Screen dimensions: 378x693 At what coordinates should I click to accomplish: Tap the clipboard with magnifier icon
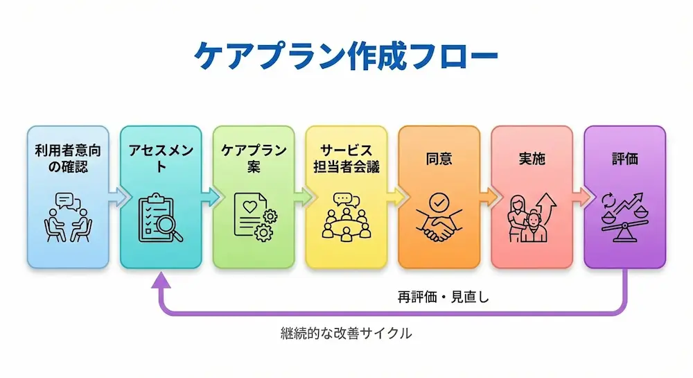(161, 218)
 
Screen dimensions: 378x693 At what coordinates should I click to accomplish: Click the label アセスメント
(161, 159)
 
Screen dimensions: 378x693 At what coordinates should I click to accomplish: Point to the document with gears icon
(253, 216)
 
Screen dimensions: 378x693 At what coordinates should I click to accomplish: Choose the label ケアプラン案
(253, 159)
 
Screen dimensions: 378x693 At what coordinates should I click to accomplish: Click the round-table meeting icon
(346, 216)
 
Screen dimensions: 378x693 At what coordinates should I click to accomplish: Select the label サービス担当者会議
(346, 159)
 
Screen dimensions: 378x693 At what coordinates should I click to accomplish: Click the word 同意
(439, 158)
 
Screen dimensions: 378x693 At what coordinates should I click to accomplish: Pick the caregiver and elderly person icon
(532, 218)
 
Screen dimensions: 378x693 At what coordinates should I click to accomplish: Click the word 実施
(532, 158)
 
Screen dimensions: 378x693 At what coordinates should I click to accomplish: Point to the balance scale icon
(624, 218)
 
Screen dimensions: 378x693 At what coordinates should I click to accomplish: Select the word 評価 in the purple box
(624, 158)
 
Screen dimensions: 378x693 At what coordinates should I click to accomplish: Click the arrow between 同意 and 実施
(485, 197)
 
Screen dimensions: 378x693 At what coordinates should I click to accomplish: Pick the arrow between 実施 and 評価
(578, 197)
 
